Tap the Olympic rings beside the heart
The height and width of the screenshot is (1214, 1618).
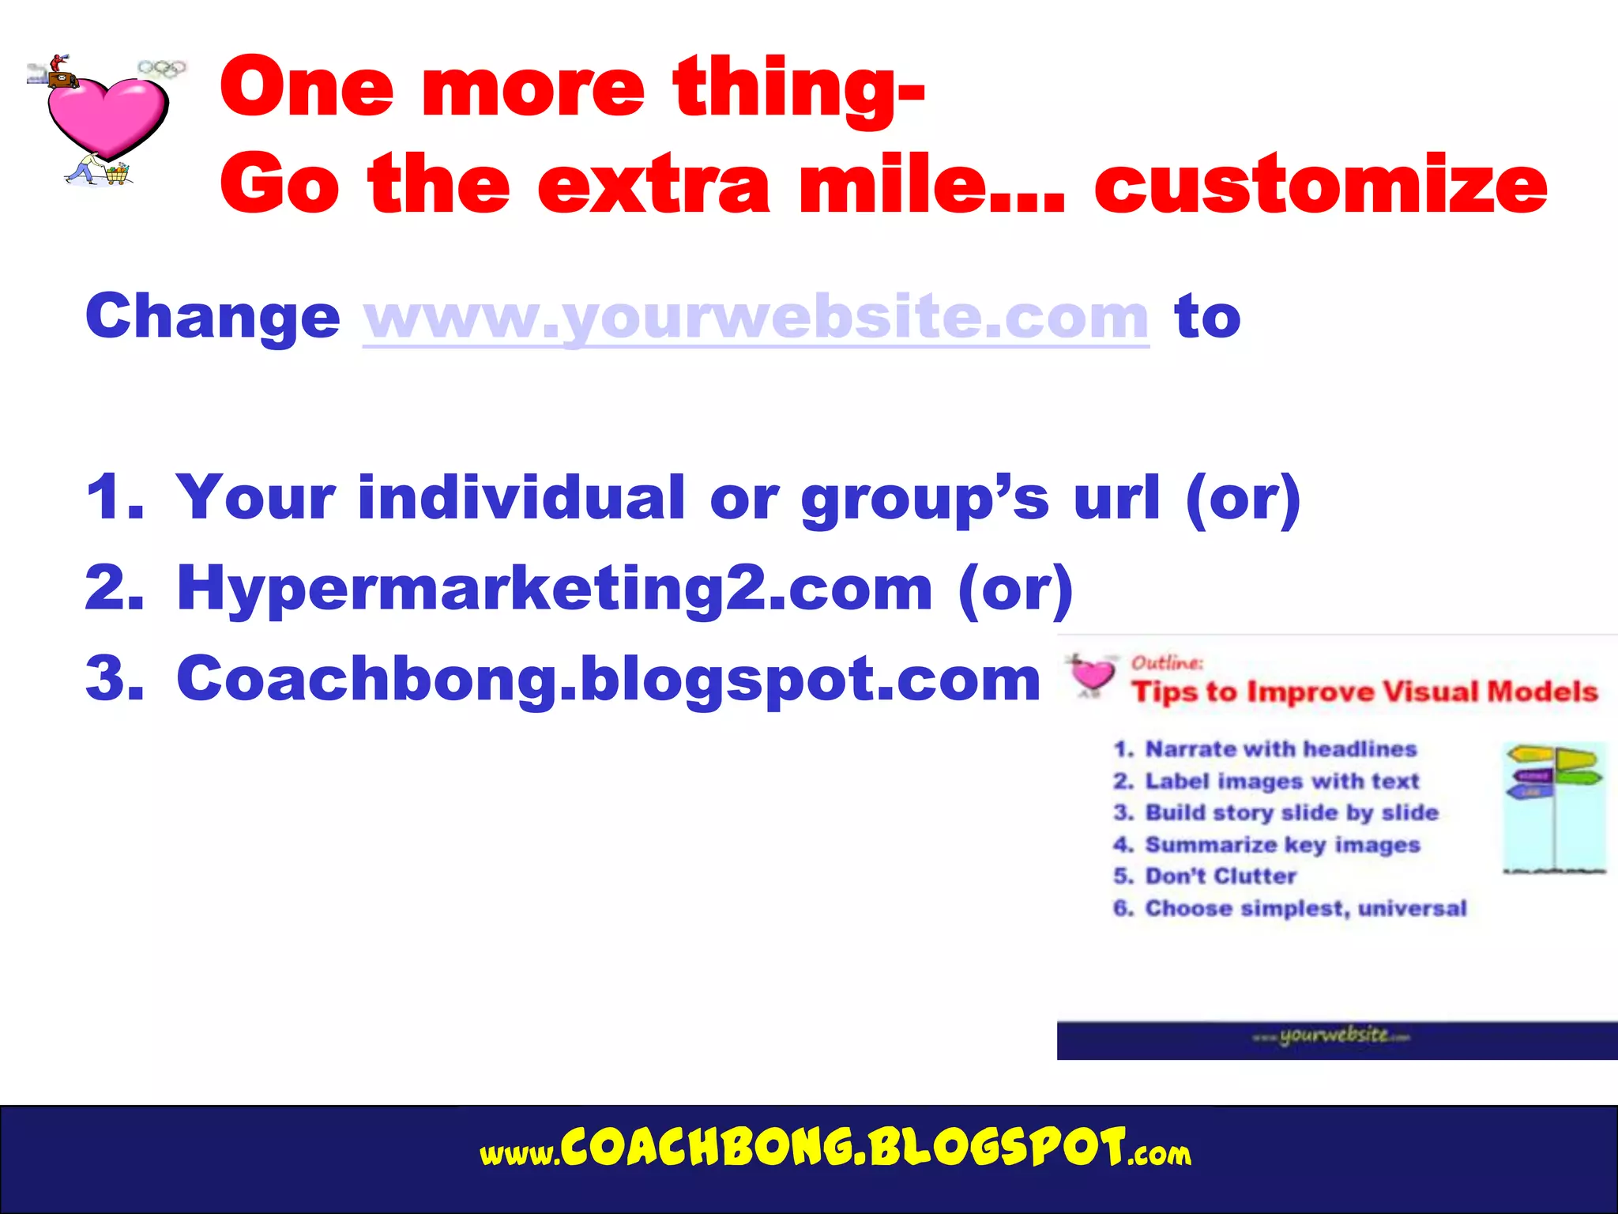pyautogui.click(x=162, y=70)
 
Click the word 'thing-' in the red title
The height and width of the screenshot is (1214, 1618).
pyautogui.click(x=798, y=89)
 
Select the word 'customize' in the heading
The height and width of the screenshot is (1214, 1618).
pyautogui.click(x=1319, y=185)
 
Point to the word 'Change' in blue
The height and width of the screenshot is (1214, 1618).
pyautogui.click(x=213, y=316)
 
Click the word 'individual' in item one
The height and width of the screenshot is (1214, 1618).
pyautogui.click(x=521, y=498)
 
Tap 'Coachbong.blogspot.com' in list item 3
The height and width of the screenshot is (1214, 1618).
pyautogui.click(x=608, y=680)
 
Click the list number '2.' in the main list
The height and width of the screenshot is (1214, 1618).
pyautogui.click(x=115, y=589)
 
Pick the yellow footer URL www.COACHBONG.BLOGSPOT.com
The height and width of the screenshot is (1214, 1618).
pyautogui.click(x=835, y=1150)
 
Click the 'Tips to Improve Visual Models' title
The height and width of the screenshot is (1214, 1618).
pyautogui.click(x=1364, y=692)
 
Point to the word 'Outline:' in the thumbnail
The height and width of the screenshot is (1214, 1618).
pyautogui.click(x=1167, y=662)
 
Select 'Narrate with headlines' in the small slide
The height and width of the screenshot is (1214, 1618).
pyautogui.click(x=1281, y=749)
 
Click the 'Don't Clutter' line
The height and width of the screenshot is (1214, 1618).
pyautogui.click(x=1221, y=877)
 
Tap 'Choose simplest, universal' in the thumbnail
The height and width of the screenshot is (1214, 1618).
pyautogui.click(x=1305, y=909)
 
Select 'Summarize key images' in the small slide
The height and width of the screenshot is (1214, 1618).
pyautogui.click(x=1282, y=845)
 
